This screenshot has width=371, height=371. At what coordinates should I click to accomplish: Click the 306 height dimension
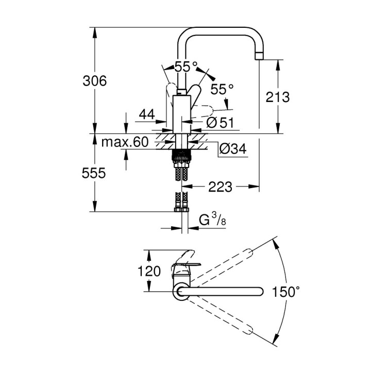pyautogui.click(x=95, y=81)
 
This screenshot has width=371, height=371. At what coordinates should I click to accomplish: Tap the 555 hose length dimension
pyautogui.click(x=94, y=174)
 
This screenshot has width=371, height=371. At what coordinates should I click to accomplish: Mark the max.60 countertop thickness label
pyautogui.click(x=124, y=142)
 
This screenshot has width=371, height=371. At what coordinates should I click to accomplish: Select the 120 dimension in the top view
pyautogui.click(x=150, y=271)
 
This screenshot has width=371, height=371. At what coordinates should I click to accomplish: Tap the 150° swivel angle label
pyautogui.click(x=286, y=292)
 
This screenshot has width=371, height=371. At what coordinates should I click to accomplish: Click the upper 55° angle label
pyautogui.click(x=185, y=67)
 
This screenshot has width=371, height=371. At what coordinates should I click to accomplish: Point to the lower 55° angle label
pyautogui.click(x=222, y=89)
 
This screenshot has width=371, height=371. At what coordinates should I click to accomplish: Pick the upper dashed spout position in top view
pyautogui.click(x=227, y=262)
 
